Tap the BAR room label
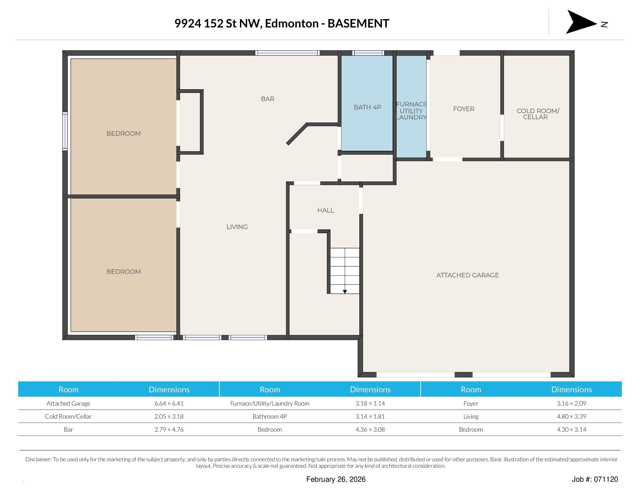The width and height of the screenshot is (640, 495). click(268, 99)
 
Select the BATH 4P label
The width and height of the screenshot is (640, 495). click(367, 107)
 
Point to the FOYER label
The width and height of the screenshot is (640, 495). click(464, 109)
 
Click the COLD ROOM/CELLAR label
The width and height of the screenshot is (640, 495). click(538, 114)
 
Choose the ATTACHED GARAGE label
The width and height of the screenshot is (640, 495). click(467, 275)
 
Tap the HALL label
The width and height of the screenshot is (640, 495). click(326, 210)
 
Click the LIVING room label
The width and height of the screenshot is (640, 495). click(237, 227)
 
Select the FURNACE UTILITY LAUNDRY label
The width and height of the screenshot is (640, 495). click(411, 111)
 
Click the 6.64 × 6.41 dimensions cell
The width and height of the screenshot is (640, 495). click(169, 403)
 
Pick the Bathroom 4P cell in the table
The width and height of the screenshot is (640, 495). click(269, 416)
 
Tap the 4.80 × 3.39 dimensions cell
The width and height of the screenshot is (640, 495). click(571, 416)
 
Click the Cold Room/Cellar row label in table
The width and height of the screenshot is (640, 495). click(68, 416)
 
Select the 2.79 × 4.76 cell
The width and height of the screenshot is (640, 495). click(169, 429)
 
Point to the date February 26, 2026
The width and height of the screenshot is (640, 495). click(336, 479)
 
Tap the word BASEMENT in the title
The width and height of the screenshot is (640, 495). click(358, 24)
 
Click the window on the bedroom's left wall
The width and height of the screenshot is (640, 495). click(65, 131)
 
